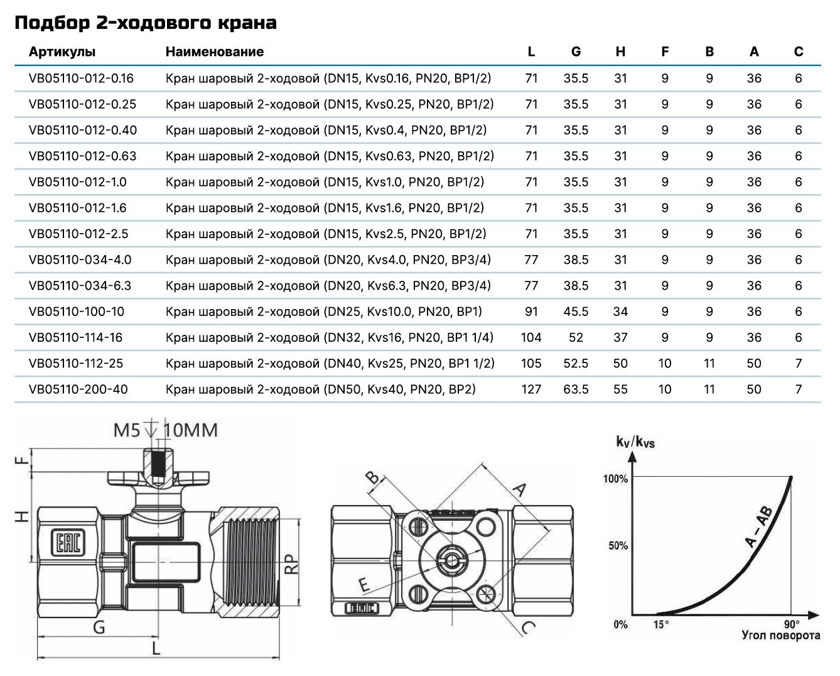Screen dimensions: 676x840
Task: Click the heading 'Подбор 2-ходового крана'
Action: point(145,23)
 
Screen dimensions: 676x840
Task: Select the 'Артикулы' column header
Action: point(62,52)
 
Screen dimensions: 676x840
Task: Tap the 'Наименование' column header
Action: point(215,52)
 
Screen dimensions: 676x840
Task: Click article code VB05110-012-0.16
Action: point(81,79)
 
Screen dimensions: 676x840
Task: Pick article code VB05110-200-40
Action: point(78,390)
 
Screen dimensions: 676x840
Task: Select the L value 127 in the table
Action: point(531,390)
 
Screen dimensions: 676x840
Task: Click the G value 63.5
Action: point(576,390)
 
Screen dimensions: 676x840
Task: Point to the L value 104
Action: point(531,337)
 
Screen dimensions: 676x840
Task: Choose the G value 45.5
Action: point(576,312)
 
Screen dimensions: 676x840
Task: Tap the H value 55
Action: point(620,390)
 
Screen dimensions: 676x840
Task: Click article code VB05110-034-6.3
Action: point(80,286)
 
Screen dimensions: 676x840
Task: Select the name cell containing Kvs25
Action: point(330,364)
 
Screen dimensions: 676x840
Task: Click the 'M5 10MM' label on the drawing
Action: point(166,431)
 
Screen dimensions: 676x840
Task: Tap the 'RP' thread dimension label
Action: point(291,564)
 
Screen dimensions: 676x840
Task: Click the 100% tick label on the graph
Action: point(615,479)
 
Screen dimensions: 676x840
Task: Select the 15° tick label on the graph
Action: point(661,624)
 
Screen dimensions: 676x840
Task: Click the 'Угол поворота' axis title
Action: point(780,635)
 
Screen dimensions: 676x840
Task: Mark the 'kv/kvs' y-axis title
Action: point(635,442)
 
